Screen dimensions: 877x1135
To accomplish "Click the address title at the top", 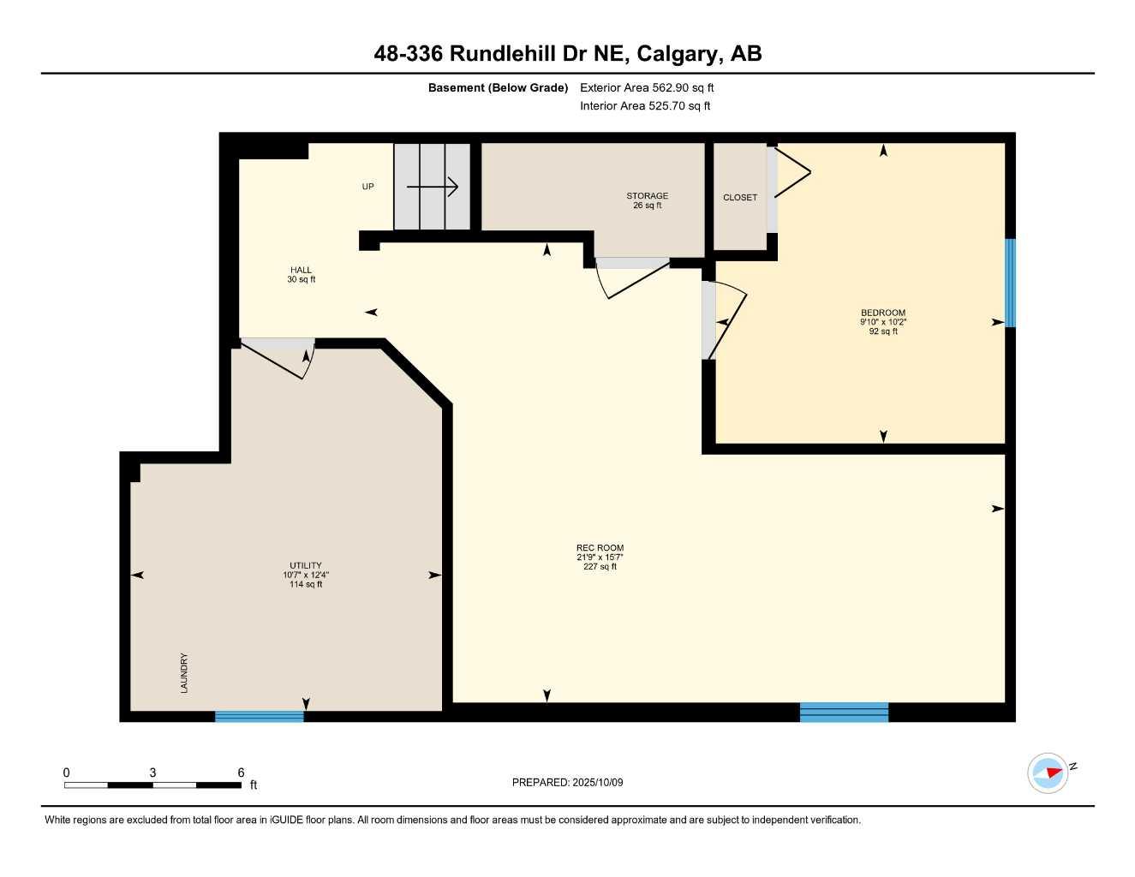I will pos(567,54).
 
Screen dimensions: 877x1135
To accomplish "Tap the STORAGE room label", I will pos(647,196).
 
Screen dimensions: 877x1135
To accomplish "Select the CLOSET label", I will pos(740,198).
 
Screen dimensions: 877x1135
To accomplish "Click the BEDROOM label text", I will pos(883,313).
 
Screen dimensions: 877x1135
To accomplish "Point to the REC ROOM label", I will pos(600,548).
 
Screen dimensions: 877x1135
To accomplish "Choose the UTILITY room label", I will pos(306,566).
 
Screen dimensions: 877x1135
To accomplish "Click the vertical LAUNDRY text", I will pos(184,672).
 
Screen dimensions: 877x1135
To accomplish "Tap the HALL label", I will pos(301,271).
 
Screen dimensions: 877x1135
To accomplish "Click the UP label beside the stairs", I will pos(367,187).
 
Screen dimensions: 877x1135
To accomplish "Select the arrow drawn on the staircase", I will pos(433,187).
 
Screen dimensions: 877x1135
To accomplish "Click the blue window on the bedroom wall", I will pos(1010,283).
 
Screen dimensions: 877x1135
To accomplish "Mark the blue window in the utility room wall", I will pos(260,716).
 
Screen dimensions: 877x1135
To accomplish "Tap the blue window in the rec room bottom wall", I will pos(844,712).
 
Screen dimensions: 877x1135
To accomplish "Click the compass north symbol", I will pos(1049,773).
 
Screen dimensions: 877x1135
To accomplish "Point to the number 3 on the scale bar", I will pos(153,773).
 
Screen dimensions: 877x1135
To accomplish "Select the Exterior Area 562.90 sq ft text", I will pos(647,87).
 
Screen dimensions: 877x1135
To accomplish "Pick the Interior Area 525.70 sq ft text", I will pos(645,106).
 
